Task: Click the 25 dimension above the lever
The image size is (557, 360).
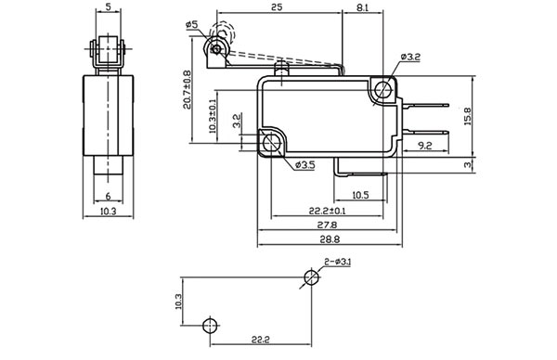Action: coord(277,6)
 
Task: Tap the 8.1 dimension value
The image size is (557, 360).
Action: coord(362,7)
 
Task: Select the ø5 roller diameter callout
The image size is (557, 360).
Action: coord(191,25)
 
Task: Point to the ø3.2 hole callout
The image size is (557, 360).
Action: coord(410,57)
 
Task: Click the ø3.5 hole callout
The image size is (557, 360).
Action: coord(305,165)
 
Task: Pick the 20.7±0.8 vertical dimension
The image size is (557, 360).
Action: coord(188,90)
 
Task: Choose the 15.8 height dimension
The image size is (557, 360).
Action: coord(467,116)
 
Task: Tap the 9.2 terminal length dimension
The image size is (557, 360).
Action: coord(425,146)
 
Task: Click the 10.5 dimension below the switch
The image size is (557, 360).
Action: coord(360,195)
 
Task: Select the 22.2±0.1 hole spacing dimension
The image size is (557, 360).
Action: coord(327,211)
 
